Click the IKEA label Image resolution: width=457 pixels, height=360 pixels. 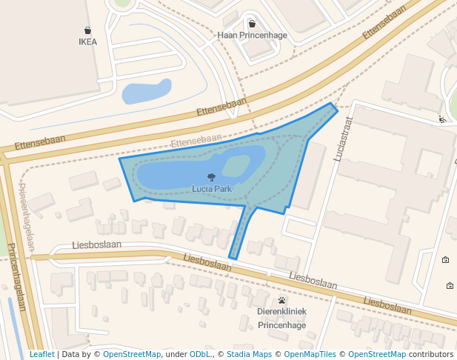(87, 42)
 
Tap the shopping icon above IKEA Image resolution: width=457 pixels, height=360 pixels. (88, 30)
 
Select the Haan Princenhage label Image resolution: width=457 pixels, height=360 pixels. (251, 35)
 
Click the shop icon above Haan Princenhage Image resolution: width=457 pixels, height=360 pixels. (252, 24)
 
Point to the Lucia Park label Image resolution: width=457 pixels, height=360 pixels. (212, 189)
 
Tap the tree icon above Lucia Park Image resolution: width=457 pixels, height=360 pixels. (212, 177)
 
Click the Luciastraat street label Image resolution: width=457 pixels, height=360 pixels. (343, 141)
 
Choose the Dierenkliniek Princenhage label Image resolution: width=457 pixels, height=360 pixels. (281, 318)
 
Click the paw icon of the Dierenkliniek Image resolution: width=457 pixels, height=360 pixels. (282, 301)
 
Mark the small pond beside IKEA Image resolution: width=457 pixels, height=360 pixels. (146, 92)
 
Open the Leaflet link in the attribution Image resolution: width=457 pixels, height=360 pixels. (41, 354)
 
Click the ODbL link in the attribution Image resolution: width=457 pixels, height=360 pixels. (199, 354)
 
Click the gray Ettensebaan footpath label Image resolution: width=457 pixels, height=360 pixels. (196, 139)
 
